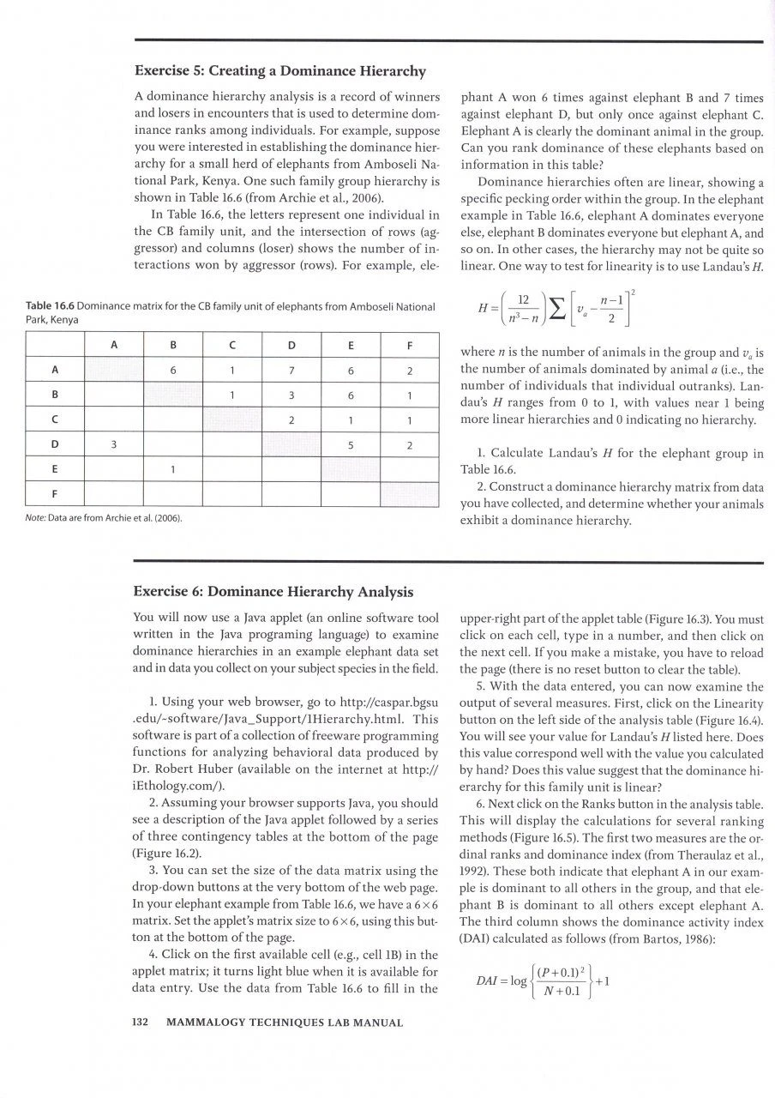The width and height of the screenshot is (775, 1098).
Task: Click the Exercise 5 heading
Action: pyautogui.click(x=279, y=70)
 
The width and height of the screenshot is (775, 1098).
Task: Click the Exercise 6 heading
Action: pyautogui.click(x=273, y=591)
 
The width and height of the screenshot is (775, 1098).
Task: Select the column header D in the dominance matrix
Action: pyautogui.click(x=291, y=345)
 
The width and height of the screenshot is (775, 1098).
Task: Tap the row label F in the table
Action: pyautogui.click(x=55, y=495)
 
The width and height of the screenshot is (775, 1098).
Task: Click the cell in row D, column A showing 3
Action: pyautogui.click(x=113, y=444)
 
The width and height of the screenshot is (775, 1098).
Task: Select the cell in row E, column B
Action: pyautogui.click(x=173, y=470)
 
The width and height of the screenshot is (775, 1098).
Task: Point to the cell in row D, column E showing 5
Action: pyautogui.click(x=351, y=444)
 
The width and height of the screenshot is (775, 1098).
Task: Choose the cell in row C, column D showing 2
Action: pyautogui.click(x=291, y=420)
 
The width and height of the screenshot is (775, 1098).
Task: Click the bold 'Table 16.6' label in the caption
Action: pyautogui.click(x=49, y=306)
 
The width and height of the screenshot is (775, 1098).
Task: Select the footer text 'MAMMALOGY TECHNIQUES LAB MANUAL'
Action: pyautogui.click(x=284, y=1022)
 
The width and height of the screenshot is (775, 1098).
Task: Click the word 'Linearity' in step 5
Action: pyautogui.click(x=734, y=703)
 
